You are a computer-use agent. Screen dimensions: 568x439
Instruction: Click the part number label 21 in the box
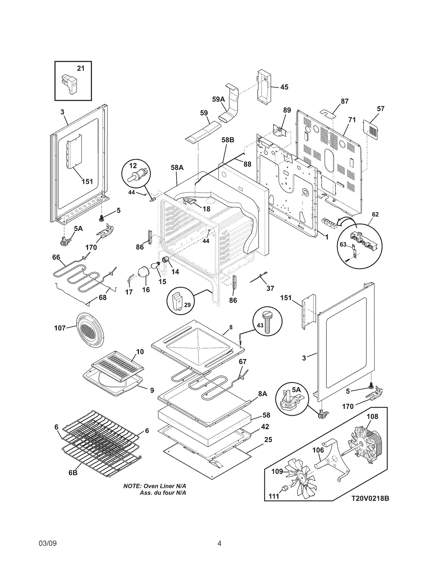tap(81, 68)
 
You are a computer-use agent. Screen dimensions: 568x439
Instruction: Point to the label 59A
tap(218, 99)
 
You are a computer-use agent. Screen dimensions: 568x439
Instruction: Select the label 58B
tap(228, 140)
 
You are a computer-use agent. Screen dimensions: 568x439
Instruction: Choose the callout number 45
tap(284, 87)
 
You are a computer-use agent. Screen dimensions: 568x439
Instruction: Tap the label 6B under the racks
tap(73, 480)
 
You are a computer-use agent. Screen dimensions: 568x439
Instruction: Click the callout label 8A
tap(263, 401)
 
